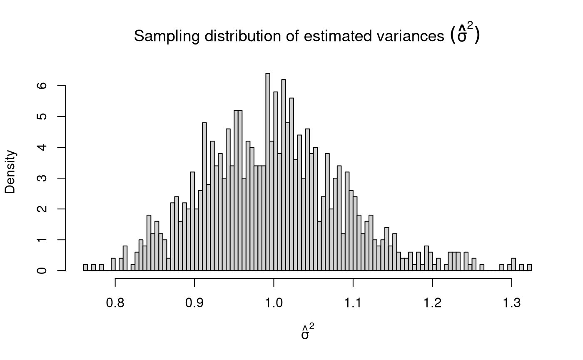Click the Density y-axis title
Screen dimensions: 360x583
10,172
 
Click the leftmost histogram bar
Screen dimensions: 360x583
85,268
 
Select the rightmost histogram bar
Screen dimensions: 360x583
529,268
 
